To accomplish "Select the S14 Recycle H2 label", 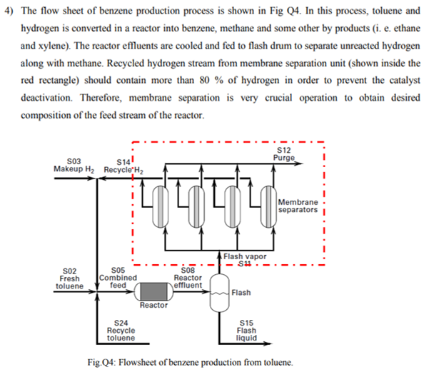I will [123, 166].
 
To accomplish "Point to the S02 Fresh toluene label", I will [70, 278].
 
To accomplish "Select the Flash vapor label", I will [245, 256].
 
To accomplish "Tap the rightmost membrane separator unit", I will [268, 206].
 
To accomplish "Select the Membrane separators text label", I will [299, 206].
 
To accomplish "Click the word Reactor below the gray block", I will [153, 306].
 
